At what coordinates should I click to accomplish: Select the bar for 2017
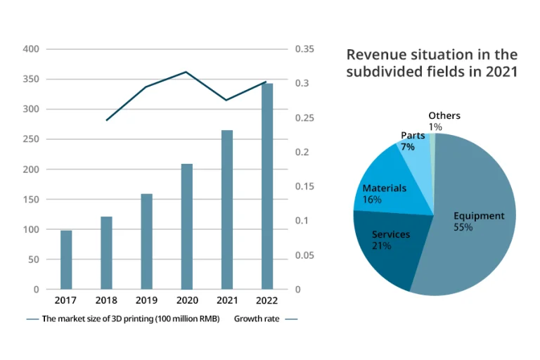pyautogui.click(x=66, y=259)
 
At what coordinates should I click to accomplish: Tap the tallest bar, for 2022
pyautogui.click(x=267, y=186)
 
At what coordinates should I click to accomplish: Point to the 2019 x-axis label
pyautogui.click(x=146, y=301)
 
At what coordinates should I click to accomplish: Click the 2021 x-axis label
pyautogui.click(x=226, y=301)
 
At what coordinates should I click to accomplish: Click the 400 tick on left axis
pyautogui.click(x=30, y=49)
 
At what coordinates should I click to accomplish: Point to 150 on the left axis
pyautogui.click(x=30, y=200)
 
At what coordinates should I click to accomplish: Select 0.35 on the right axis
pyautogui.click(x=304, y=49)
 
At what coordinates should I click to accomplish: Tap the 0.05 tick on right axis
pyautogui.click(x=304, y=255)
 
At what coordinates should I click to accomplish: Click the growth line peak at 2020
pyautogui.click(x=186, y=72)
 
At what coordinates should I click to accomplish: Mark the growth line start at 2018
pyautogui.click(x=107, y=120)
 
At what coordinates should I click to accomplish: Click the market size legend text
pyautogui.click(x=131, y=319)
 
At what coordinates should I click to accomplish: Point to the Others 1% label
pyautogui.click(x=444, y=121)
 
